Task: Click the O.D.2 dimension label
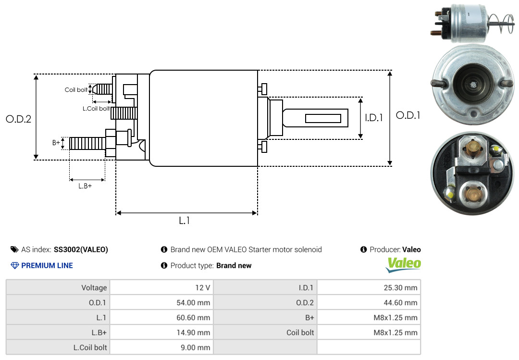pos(19,119)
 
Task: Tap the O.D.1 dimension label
pos(408,115)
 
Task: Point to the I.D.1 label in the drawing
pos(374,118)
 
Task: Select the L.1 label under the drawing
pos(185,221)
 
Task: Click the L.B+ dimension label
pos(85,186)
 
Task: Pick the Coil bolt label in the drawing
pos(76,90)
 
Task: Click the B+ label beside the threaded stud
pos(56,143)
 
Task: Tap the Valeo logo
pos(404,265)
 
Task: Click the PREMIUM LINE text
pos(47,266)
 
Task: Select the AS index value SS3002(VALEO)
pos(81,250)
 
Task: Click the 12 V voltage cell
pos(161,287)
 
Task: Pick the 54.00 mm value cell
pos(161,302)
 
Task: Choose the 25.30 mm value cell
pos(369,287)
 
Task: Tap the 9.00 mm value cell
pos(161,348)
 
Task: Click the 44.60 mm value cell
pos(369,302)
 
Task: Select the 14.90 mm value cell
pos(161,333)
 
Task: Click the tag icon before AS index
pos(14,249)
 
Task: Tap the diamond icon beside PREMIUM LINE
pos(15,266)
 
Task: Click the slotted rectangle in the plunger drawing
pos(323,118)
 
